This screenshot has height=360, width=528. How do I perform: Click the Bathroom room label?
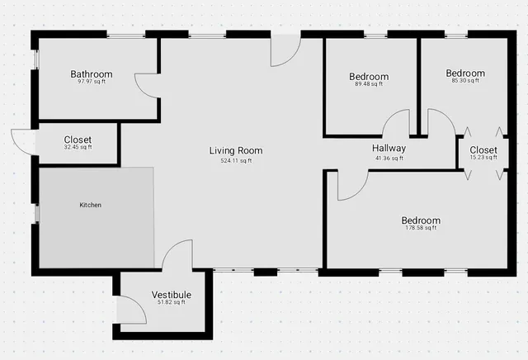91,74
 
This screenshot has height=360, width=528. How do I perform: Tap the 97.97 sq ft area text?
91,82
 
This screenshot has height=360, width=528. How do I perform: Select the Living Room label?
236,150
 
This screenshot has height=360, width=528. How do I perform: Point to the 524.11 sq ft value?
236,160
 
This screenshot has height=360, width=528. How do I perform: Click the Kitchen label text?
90,205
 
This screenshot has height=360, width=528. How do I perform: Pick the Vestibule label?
172,295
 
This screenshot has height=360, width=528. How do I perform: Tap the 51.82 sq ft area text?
172,302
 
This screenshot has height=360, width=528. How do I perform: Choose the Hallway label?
389,149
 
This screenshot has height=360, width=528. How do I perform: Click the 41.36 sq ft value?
389,158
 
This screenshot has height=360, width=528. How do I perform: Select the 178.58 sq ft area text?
421,228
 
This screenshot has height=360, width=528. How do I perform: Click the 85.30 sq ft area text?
465,81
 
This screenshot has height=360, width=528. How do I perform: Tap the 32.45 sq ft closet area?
78,147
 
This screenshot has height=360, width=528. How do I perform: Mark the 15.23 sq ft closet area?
483,157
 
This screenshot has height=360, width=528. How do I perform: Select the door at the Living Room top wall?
285,51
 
